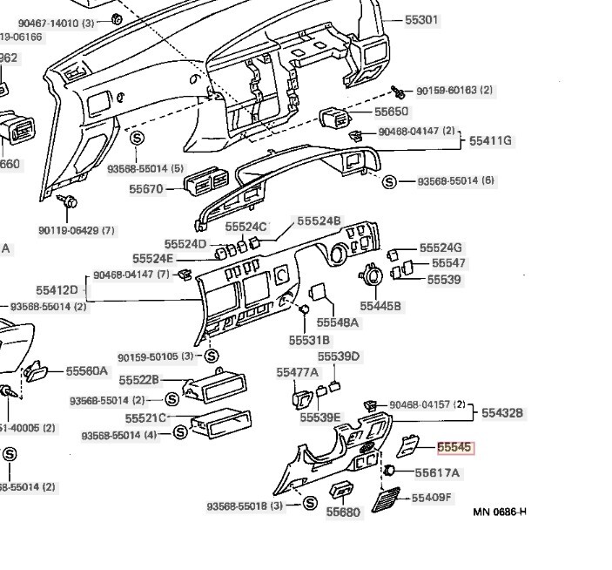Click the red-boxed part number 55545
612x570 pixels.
[454, 448]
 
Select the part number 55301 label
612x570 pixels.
[422, 19]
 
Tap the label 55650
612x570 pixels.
[391, 112]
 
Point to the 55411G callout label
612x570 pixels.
[491, 140]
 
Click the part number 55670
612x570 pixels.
[145, 188]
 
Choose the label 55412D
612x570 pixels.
[57, 289]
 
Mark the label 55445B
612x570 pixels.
[380, 306]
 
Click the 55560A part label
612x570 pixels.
[87, 371]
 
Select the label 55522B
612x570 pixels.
[139, 380]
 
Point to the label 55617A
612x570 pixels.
[437, 473]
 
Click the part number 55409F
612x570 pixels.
[432, 498]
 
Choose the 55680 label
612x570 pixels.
[343, 512]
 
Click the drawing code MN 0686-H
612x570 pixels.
[500, 512]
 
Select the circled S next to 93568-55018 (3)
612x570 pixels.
[309, 504]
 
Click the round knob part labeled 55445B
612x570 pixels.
[372, 278]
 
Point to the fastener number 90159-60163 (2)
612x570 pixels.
[454, 91]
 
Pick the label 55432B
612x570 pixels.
[503, 412]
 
